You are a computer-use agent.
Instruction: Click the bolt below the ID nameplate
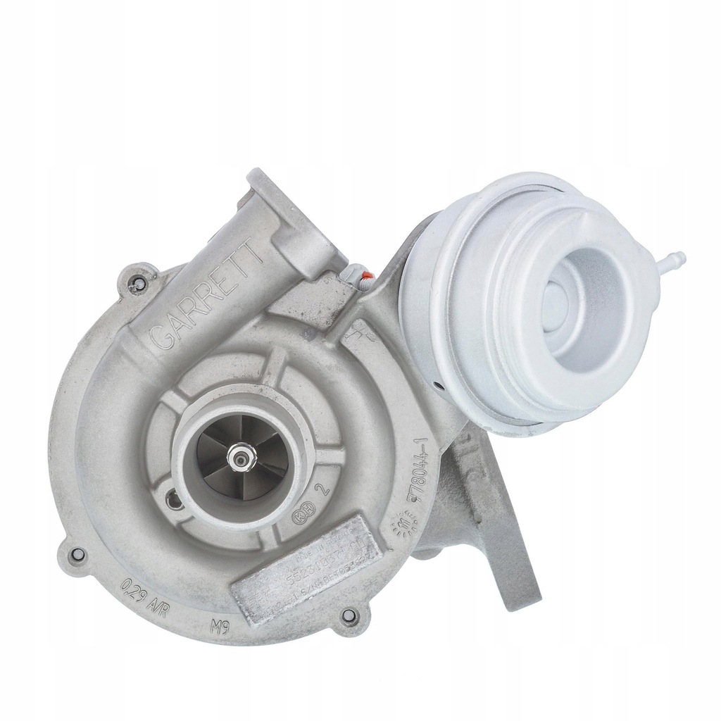coord(346,619)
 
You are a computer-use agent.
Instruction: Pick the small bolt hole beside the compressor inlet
coord(171,501)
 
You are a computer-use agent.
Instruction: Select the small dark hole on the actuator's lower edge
coord(439,386)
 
